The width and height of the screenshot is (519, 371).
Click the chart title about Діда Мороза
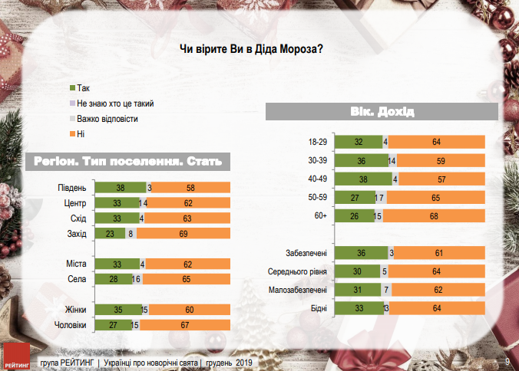250,49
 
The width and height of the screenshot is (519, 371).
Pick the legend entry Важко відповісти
107,119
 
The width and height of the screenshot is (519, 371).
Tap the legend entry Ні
80,133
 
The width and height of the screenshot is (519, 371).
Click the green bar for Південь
119,188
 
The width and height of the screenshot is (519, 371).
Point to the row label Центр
74,203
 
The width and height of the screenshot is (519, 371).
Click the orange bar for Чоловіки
184,325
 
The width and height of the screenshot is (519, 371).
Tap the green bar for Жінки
117,310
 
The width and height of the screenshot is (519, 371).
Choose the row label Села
75,280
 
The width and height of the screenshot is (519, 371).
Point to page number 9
507,362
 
